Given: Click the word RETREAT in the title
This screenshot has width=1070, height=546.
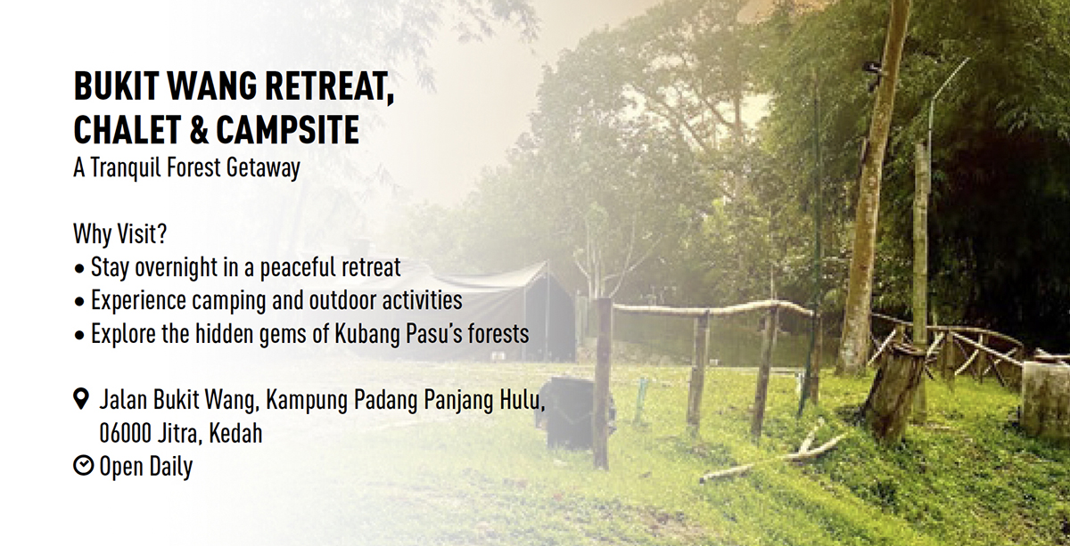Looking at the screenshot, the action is point(330,87).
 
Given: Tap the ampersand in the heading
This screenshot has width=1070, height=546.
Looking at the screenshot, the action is point(199,130).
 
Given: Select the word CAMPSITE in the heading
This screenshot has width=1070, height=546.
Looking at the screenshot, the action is point(287,130).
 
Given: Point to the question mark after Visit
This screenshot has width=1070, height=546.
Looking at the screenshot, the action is point(162,234).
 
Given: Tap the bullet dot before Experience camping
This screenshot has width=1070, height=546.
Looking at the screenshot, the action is point(79,302).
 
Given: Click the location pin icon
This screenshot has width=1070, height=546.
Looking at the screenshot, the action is point(81,399).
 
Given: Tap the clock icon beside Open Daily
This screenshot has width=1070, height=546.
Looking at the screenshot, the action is point(84,466).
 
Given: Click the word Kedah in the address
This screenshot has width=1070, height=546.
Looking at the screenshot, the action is point(236,434).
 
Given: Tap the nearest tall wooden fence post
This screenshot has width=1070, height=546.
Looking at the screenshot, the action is point(603,383).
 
